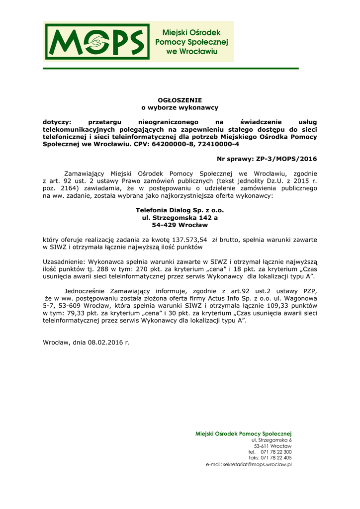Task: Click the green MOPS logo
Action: pyautogui.click(x=98, y=41)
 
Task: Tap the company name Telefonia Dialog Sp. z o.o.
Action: pyautogui.click(x=180, y=211)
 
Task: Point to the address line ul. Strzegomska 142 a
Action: pyautogui.click(x=180, y=218)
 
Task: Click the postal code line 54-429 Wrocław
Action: pyautogui.click(x=180, y=225)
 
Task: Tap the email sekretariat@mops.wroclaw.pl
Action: pyautogui.click(x=257, y=464)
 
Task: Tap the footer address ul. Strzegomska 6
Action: pyautogui.click(x=271, y=440)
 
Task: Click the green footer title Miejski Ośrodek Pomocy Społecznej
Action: pyautogui.click(x=244, y=434)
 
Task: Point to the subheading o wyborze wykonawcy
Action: pyautogui.click(x=180, y=107)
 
